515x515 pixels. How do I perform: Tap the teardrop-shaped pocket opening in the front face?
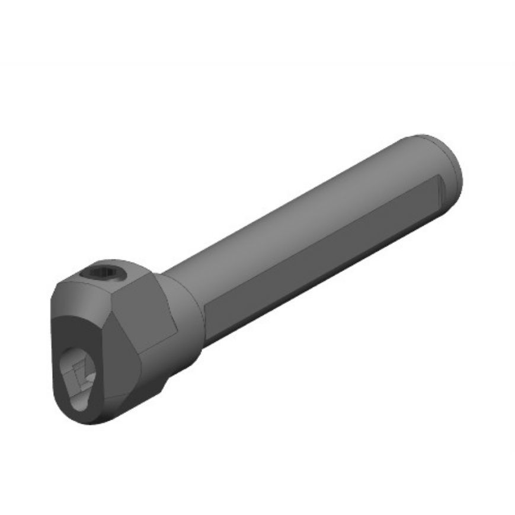pos(82,379)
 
